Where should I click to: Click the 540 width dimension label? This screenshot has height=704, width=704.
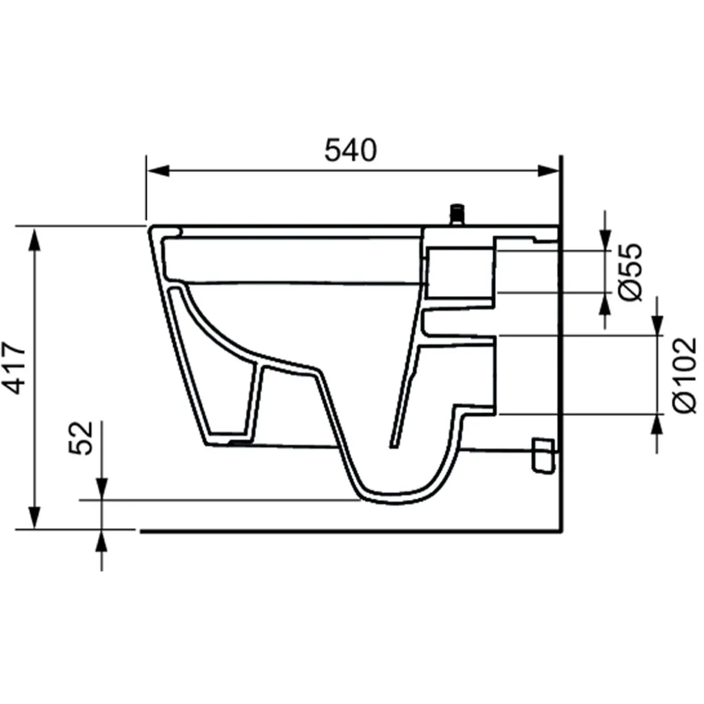(350, 150)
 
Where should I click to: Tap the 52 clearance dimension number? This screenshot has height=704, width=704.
(81, 438)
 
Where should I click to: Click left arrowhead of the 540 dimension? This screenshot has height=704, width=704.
(158, 171)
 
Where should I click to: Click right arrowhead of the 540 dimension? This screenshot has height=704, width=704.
(548, 171)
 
